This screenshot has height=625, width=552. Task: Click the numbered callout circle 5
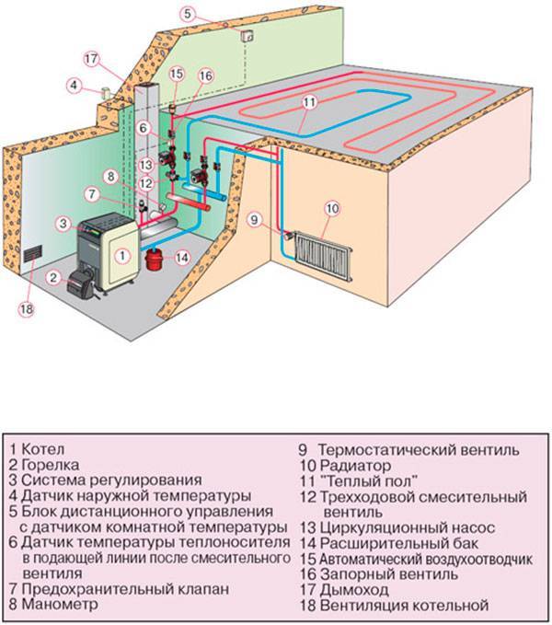click(188, 14)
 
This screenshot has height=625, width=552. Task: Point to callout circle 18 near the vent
click(25, 308)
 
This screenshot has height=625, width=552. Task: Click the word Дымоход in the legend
click(353, 589)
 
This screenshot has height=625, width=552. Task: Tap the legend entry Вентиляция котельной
click(405, 605)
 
